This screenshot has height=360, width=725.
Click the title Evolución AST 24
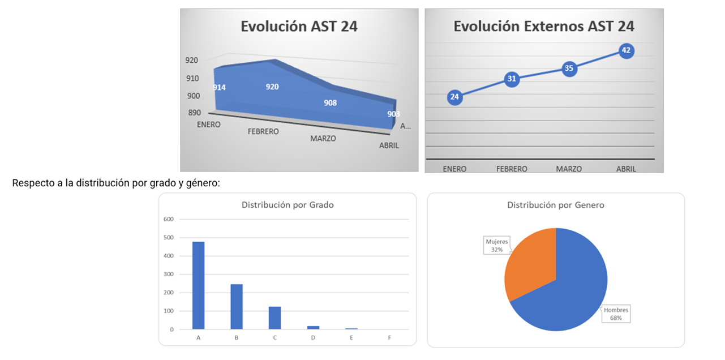click(x=299, y=27)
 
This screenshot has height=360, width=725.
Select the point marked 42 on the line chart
click(x=626, y=50)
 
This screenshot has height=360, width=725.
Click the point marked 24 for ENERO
click(x=454, y=97)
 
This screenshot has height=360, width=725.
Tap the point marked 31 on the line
click(x=512, y=79)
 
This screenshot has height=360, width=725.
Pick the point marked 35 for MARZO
click(x=569, y=68)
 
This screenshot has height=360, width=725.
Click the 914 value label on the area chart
click(x=219, y=87)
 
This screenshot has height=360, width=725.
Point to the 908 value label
click(x=330, y=103)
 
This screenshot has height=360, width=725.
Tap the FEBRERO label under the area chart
click(x=263, y=131)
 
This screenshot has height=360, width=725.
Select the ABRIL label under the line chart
click(x=626, y=169)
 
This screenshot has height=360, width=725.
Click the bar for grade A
click(x=199, y=285)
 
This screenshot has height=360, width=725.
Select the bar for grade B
click(x=237, y=306)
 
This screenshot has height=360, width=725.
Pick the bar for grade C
click(x=274, y=318)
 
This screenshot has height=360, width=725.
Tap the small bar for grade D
click(x=313, y=327)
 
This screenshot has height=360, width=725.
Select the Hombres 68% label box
click(x=616, y=314)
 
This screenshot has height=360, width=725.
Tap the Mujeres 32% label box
click(x=497, y=245)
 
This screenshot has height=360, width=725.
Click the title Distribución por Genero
click(x=555, y=205)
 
